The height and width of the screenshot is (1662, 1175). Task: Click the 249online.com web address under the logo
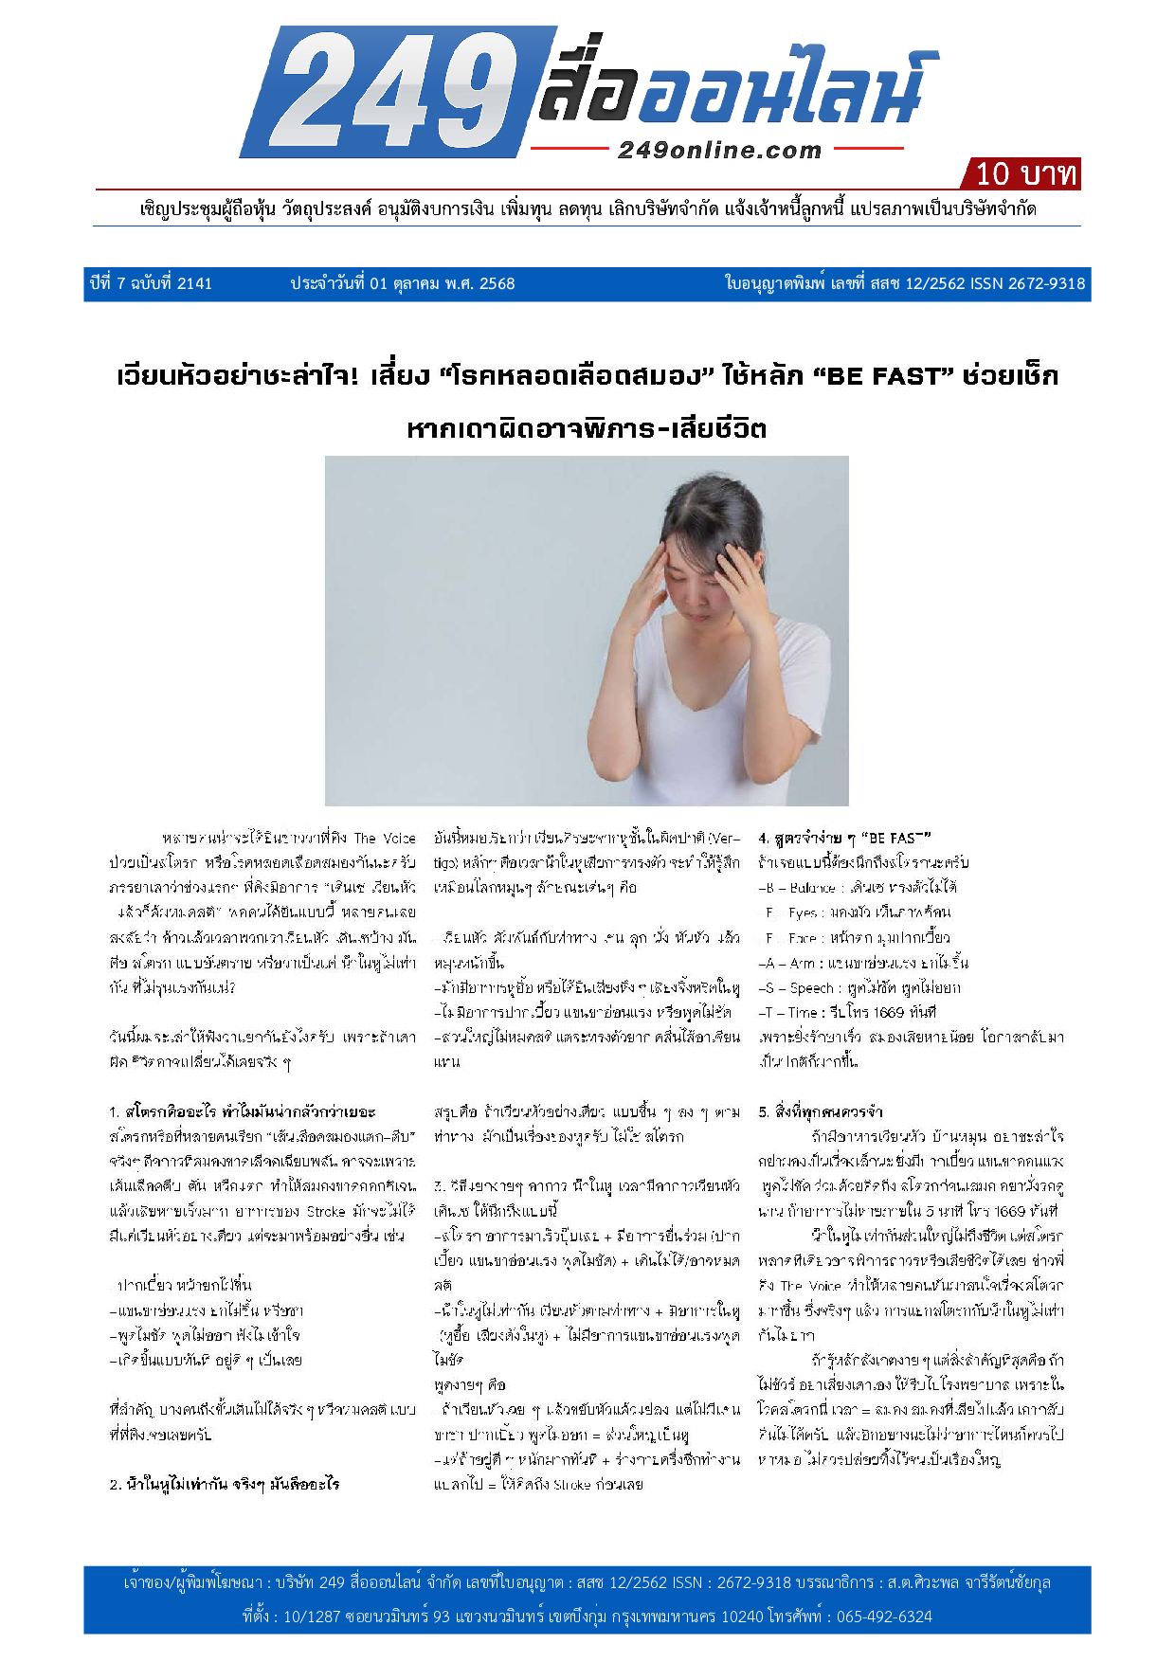pyautogui.click(x=719, y=150)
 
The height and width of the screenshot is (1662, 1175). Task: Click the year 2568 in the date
pyautogui.click(x=497, y=283)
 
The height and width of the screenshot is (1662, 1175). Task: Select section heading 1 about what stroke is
pyautogui.click(x=243, y=1111)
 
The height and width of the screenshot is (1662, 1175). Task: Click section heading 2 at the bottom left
pyautogui.click(x=224, y=1484)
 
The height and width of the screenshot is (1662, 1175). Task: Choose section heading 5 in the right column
pyautogui.click(x=821, y=1111)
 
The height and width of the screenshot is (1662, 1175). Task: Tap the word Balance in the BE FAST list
pyautogui.click(x=813, y=888)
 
